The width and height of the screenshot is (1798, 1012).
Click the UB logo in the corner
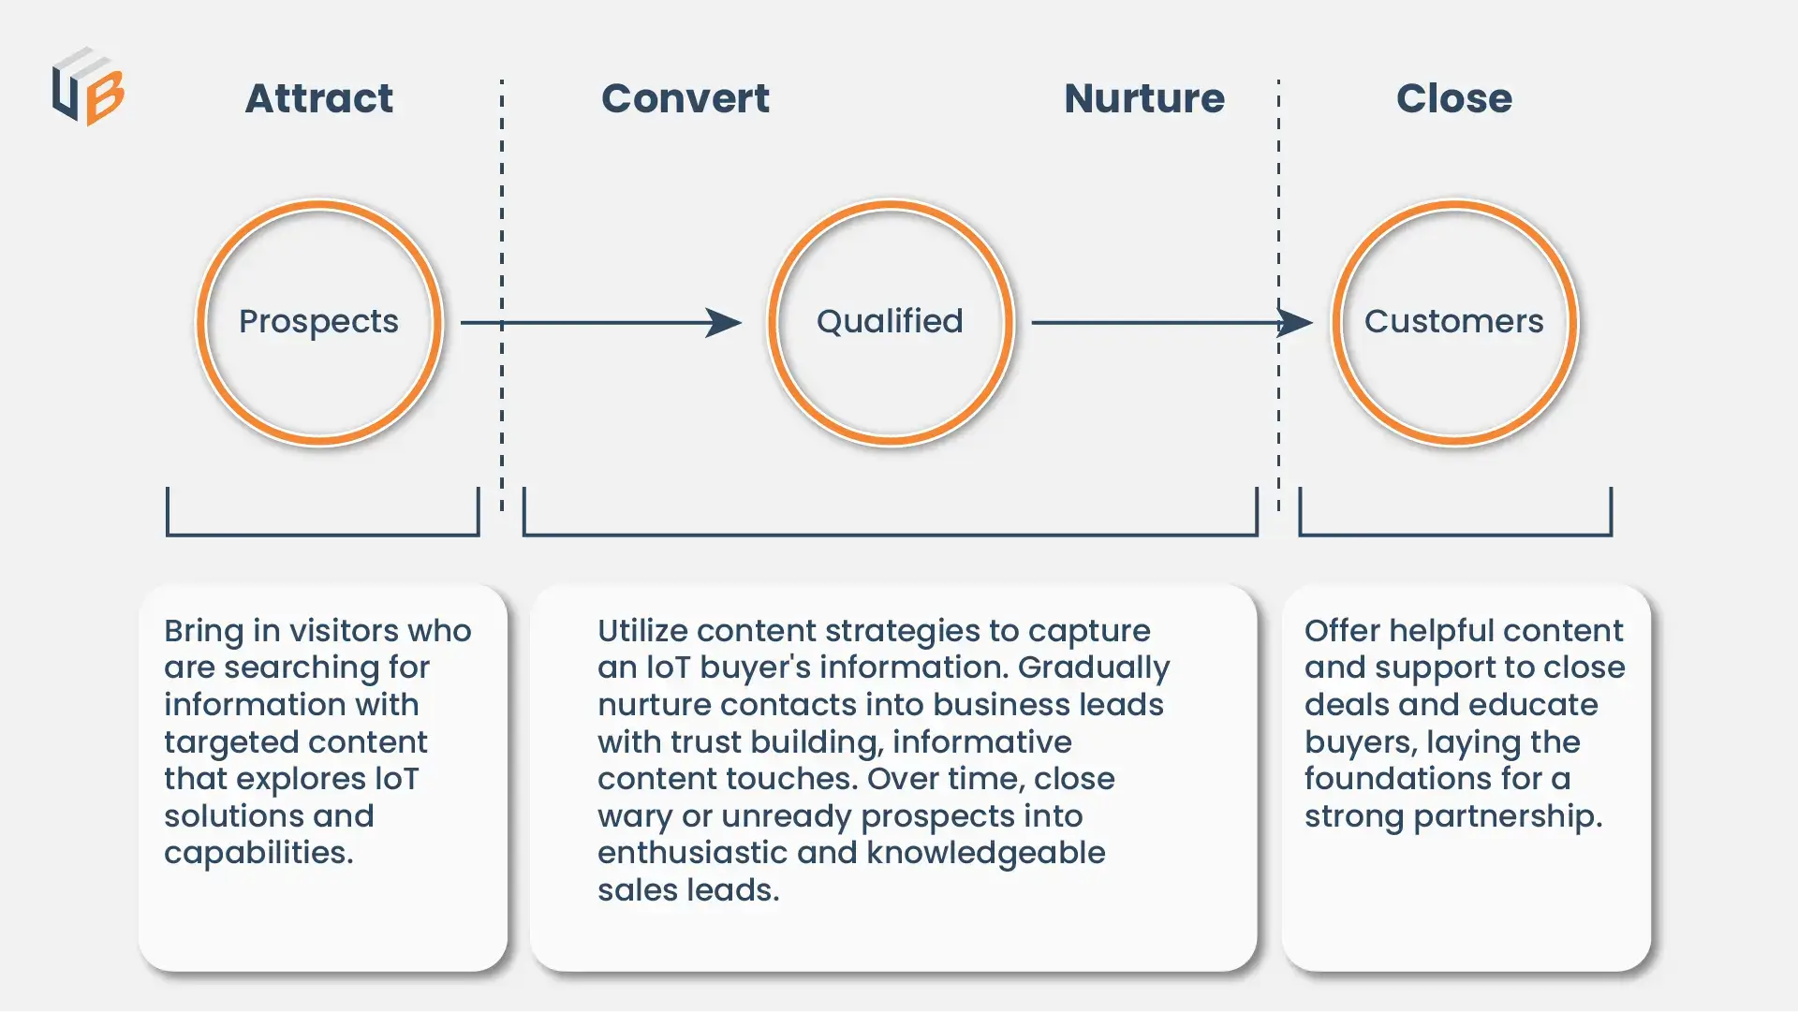click(88, 87)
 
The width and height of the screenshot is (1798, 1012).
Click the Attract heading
click(319, 98)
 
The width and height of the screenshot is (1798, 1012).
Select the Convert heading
click(685, 98)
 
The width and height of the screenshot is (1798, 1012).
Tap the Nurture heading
click(1144, 98)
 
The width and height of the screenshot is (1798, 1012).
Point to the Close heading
click(1454, 98)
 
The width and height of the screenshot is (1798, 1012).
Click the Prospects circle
click(319, 322)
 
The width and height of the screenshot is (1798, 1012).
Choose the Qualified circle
click(891, 322)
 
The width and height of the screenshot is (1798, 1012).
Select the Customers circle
click(1454, 322)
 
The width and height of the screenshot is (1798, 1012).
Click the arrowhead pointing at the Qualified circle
click(724, 323)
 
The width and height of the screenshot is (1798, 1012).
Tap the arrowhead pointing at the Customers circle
click(1295, 323)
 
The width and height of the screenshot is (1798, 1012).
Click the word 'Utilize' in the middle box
click(642, 631)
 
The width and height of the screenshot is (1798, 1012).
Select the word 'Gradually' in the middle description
click(1094, 667)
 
